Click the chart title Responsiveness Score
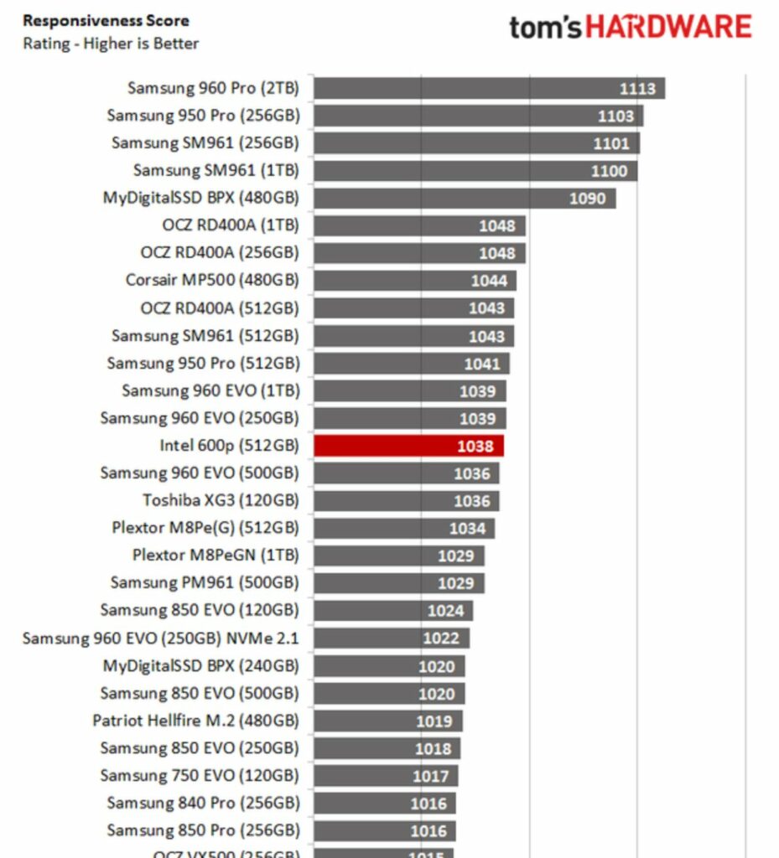click(x=106, y=21)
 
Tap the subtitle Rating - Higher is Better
click(x=111, y=44)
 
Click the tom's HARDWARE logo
click(x=630, y=27)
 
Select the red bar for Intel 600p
click(x=408, y=446)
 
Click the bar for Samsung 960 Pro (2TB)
click(x=489, y=88)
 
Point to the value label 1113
click(x=637, y=89)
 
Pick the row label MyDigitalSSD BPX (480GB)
click(x=200, y=199)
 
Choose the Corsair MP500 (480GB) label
click(x=212, y=280)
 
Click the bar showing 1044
click(x=415, y=281)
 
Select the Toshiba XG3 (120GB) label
click(x=221, y=500)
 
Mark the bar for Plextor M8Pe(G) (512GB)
click(x=404, y=528)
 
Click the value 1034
click(x=467, y=529)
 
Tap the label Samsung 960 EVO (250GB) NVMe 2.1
click(x=160, y=638)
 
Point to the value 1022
click(x=441, y=638)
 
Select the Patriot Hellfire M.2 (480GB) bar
click(x=388, y=721)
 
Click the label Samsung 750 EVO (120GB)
click(x=200, y=775)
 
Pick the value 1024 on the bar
click(x=445, y=611)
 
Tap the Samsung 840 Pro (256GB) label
click(x=203, y=803)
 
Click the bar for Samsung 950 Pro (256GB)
click(x=478, y=116)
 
